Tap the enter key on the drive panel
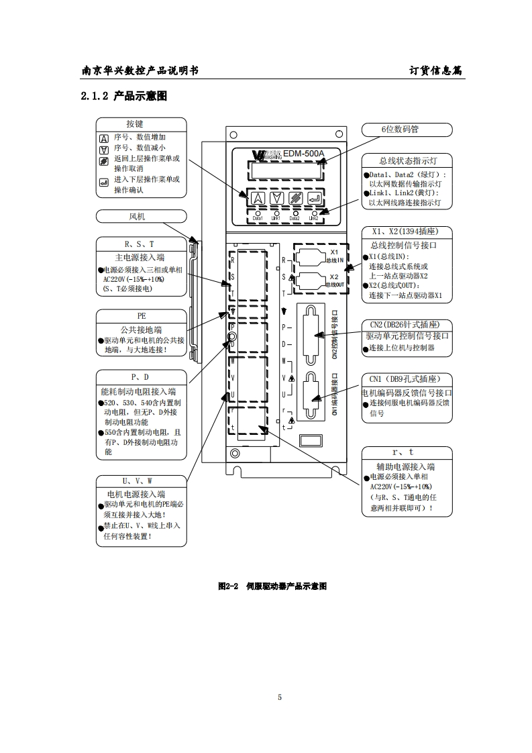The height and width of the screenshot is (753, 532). [x=313, y=198]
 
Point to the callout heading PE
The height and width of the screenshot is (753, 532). [x=142, y=315]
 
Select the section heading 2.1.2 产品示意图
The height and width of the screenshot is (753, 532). [x=123, y=97]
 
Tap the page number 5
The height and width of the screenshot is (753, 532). [x=280, y=697]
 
